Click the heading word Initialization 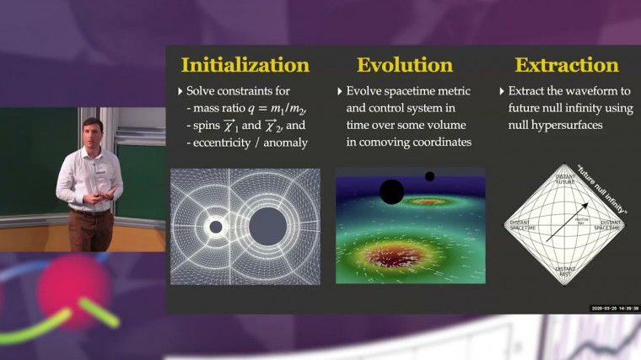(x=245, y=65)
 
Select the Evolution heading (x=404, y=65)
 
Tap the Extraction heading (x=567, y=65)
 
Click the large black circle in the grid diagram (x=267, y=224)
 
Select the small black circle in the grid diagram (x=216, y=227)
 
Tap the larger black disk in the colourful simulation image (x=391, y=191)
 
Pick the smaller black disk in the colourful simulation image (x=429, y=176)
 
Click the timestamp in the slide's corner (x=614, y=308)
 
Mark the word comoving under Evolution (x=380, y=142)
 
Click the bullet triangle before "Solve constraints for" (x=180, y=91)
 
